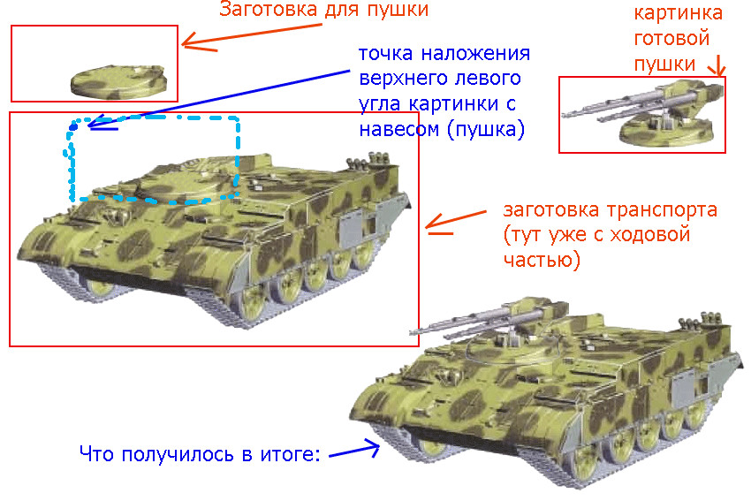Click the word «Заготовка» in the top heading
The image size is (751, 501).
(269, 9)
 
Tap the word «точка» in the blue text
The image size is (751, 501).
(385, 53)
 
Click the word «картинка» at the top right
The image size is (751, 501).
(678, 13)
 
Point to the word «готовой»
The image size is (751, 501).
(671, 38)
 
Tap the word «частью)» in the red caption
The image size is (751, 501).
(542, 260)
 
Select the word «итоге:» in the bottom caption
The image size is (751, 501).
(291, 454)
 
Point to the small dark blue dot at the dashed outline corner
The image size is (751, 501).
(73, 126)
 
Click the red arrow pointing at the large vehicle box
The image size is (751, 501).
(455, 222)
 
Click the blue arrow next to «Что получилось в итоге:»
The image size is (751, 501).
(354, 451)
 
